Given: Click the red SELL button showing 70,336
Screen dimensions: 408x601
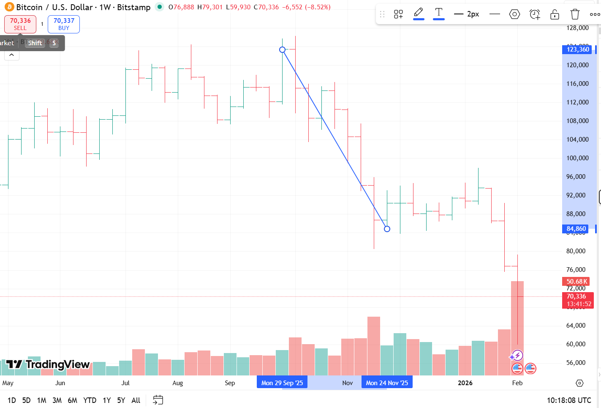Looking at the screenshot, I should [x=20, y=24].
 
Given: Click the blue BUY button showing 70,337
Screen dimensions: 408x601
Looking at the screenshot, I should [x=64, y=24].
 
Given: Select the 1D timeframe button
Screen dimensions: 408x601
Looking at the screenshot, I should [x=11, y=400].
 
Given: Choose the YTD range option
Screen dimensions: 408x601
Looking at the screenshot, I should [x=90, y=400].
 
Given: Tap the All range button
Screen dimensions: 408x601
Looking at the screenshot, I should [x=136, y=400].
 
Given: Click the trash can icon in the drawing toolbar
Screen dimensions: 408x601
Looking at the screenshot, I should [x=575, y=14].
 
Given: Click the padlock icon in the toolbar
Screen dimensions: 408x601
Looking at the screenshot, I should [x=555, y=14].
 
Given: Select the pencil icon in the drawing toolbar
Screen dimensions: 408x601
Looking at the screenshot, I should [x=419, y=13].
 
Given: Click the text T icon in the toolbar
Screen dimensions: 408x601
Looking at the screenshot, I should [x=439, y=13].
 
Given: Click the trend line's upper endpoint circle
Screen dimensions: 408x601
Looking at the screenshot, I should [x=283, y=50].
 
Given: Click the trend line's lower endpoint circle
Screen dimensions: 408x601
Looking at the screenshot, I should [x=387, y=229].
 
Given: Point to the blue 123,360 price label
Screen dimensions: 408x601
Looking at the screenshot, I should [x=578, y=49].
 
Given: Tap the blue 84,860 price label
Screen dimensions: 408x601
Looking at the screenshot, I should [x=576, y=229].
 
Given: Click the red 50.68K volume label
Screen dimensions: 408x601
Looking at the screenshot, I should [x=577, y=282].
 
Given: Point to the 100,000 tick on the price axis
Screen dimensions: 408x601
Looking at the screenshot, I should [x=577, y=158].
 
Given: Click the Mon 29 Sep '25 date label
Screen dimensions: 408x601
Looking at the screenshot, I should [x=282, y=383].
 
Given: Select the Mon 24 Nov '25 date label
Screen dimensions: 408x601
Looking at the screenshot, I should [x=387, y=383].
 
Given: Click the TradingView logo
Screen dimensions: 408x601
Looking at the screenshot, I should [x=48, y=364].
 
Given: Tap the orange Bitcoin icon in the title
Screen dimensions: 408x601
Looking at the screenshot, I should [x=9, y=7].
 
